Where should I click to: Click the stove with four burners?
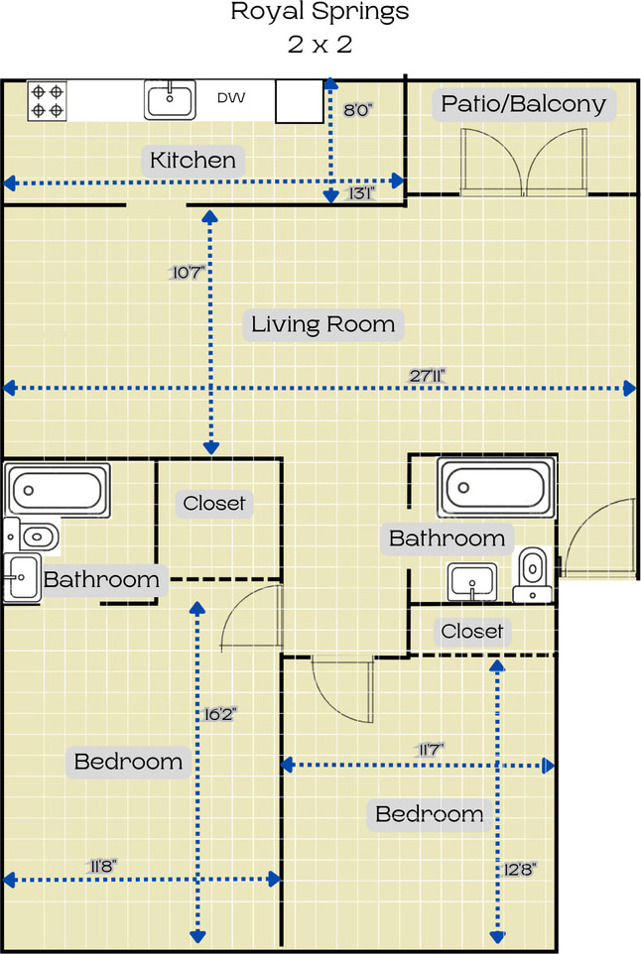click(x=47, y=101)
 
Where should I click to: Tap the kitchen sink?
click(x=170, y=100)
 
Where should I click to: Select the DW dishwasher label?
click(x=231, y=97)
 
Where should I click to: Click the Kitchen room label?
click(x=192, y=160)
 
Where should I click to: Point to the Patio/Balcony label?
click(x=524, y=104)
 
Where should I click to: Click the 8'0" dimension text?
click(x=358, y=110)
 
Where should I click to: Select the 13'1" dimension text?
click(x=361, y=192)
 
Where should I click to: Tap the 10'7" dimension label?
click(x=188, y=272)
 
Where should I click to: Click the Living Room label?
click(x=323, y=324)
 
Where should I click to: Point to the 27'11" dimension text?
click(x=428, y=376)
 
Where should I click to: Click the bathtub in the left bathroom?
click(x=58, y=490)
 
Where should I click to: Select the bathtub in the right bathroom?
click(x=496, y=488)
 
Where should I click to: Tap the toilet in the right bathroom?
click(x=533, y=575)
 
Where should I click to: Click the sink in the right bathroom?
click(x=472, y=582)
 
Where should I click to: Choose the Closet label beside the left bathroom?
click(x=214, y=503)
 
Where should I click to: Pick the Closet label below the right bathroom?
click(x=472, y=631)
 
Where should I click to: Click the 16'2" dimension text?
click(x=219, y=714)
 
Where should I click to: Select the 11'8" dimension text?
click(x=101, y=866)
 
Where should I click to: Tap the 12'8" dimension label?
click(x=519, y=870)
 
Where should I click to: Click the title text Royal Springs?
click(x=320, y=12)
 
